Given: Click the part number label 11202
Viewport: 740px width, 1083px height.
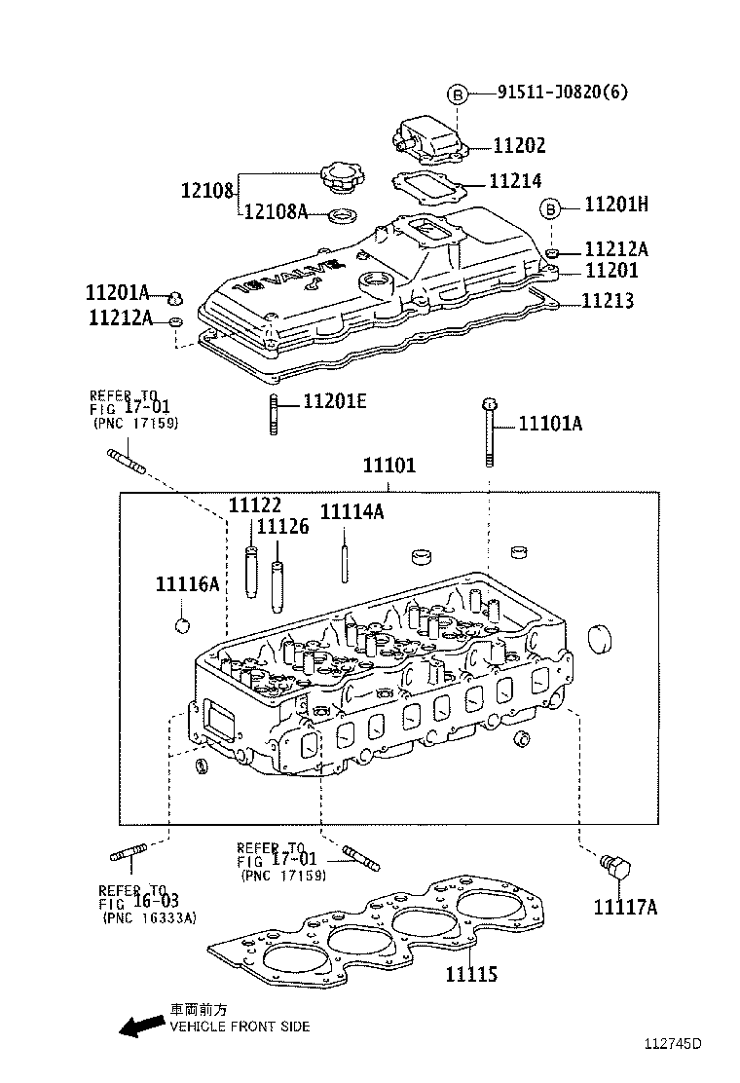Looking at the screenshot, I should [519, 146].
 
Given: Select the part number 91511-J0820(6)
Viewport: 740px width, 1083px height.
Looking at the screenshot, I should [562, 93].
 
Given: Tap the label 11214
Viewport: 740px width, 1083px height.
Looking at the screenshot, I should [515, 181].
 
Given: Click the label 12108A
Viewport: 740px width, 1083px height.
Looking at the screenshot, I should [275, 211].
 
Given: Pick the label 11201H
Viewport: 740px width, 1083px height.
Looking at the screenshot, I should [616, 205].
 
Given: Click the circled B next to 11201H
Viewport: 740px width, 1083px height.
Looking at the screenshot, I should [550, 206].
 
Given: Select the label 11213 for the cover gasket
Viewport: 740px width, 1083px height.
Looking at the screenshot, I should [608, 301].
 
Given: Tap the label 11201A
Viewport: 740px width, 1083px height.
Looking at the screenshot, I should [117, 292].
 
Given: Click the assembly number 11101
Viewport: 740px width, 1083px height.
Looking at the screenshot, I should [388, 466].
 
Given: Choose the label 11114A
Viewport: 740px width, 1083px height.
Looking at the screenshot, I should [351, 512].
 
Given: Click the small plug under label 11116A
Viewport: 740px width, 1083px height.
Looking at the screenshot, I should [180, 623].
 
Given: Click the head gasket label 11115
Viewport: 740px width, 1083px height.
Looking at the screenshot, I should [471, 973].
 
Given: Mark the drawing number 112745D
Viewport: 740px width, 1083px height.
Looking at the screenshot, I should [671, 1044].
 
